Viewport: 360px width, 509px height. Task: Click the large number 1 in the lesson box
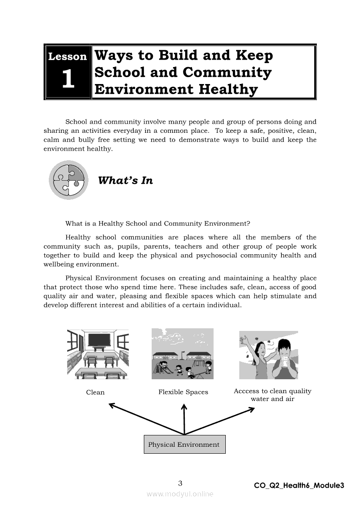[68, 80]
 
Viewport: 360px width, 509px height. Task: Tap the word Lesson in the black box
[68, 57]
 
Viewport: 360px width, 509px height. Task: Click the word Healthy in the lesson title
[228, 90]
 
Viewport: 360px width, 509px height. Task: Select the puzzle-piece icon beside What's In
[68, 180]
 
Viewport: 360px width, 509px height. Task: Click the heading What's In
[126, 181]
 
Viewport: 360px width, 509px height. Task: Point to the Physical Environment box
[184, 445]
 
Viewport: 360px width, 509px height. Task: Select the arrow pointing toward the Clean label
[144, 419]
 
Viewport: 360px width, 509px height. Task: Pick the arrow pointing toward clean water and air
[222, 420]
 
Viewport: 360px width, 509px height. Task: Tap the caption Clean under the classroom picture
[95, 392]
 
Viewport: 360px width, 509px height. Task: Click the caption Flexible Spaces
[183, 392]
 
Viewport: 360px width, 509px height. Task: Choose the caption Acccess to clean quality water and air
[272, 395]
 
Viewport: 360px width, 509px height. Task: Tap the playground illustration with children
[183, 354]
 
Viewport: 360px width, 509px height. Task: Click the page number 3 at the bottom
[180, 483]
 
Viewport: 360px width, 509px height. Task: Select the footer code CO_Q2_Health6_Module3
[299, 485]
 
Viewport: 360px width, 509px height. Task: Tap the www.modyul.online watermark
[180, 494]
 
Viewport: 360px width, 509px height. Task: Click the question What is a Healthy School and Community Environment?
[158, 224]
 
